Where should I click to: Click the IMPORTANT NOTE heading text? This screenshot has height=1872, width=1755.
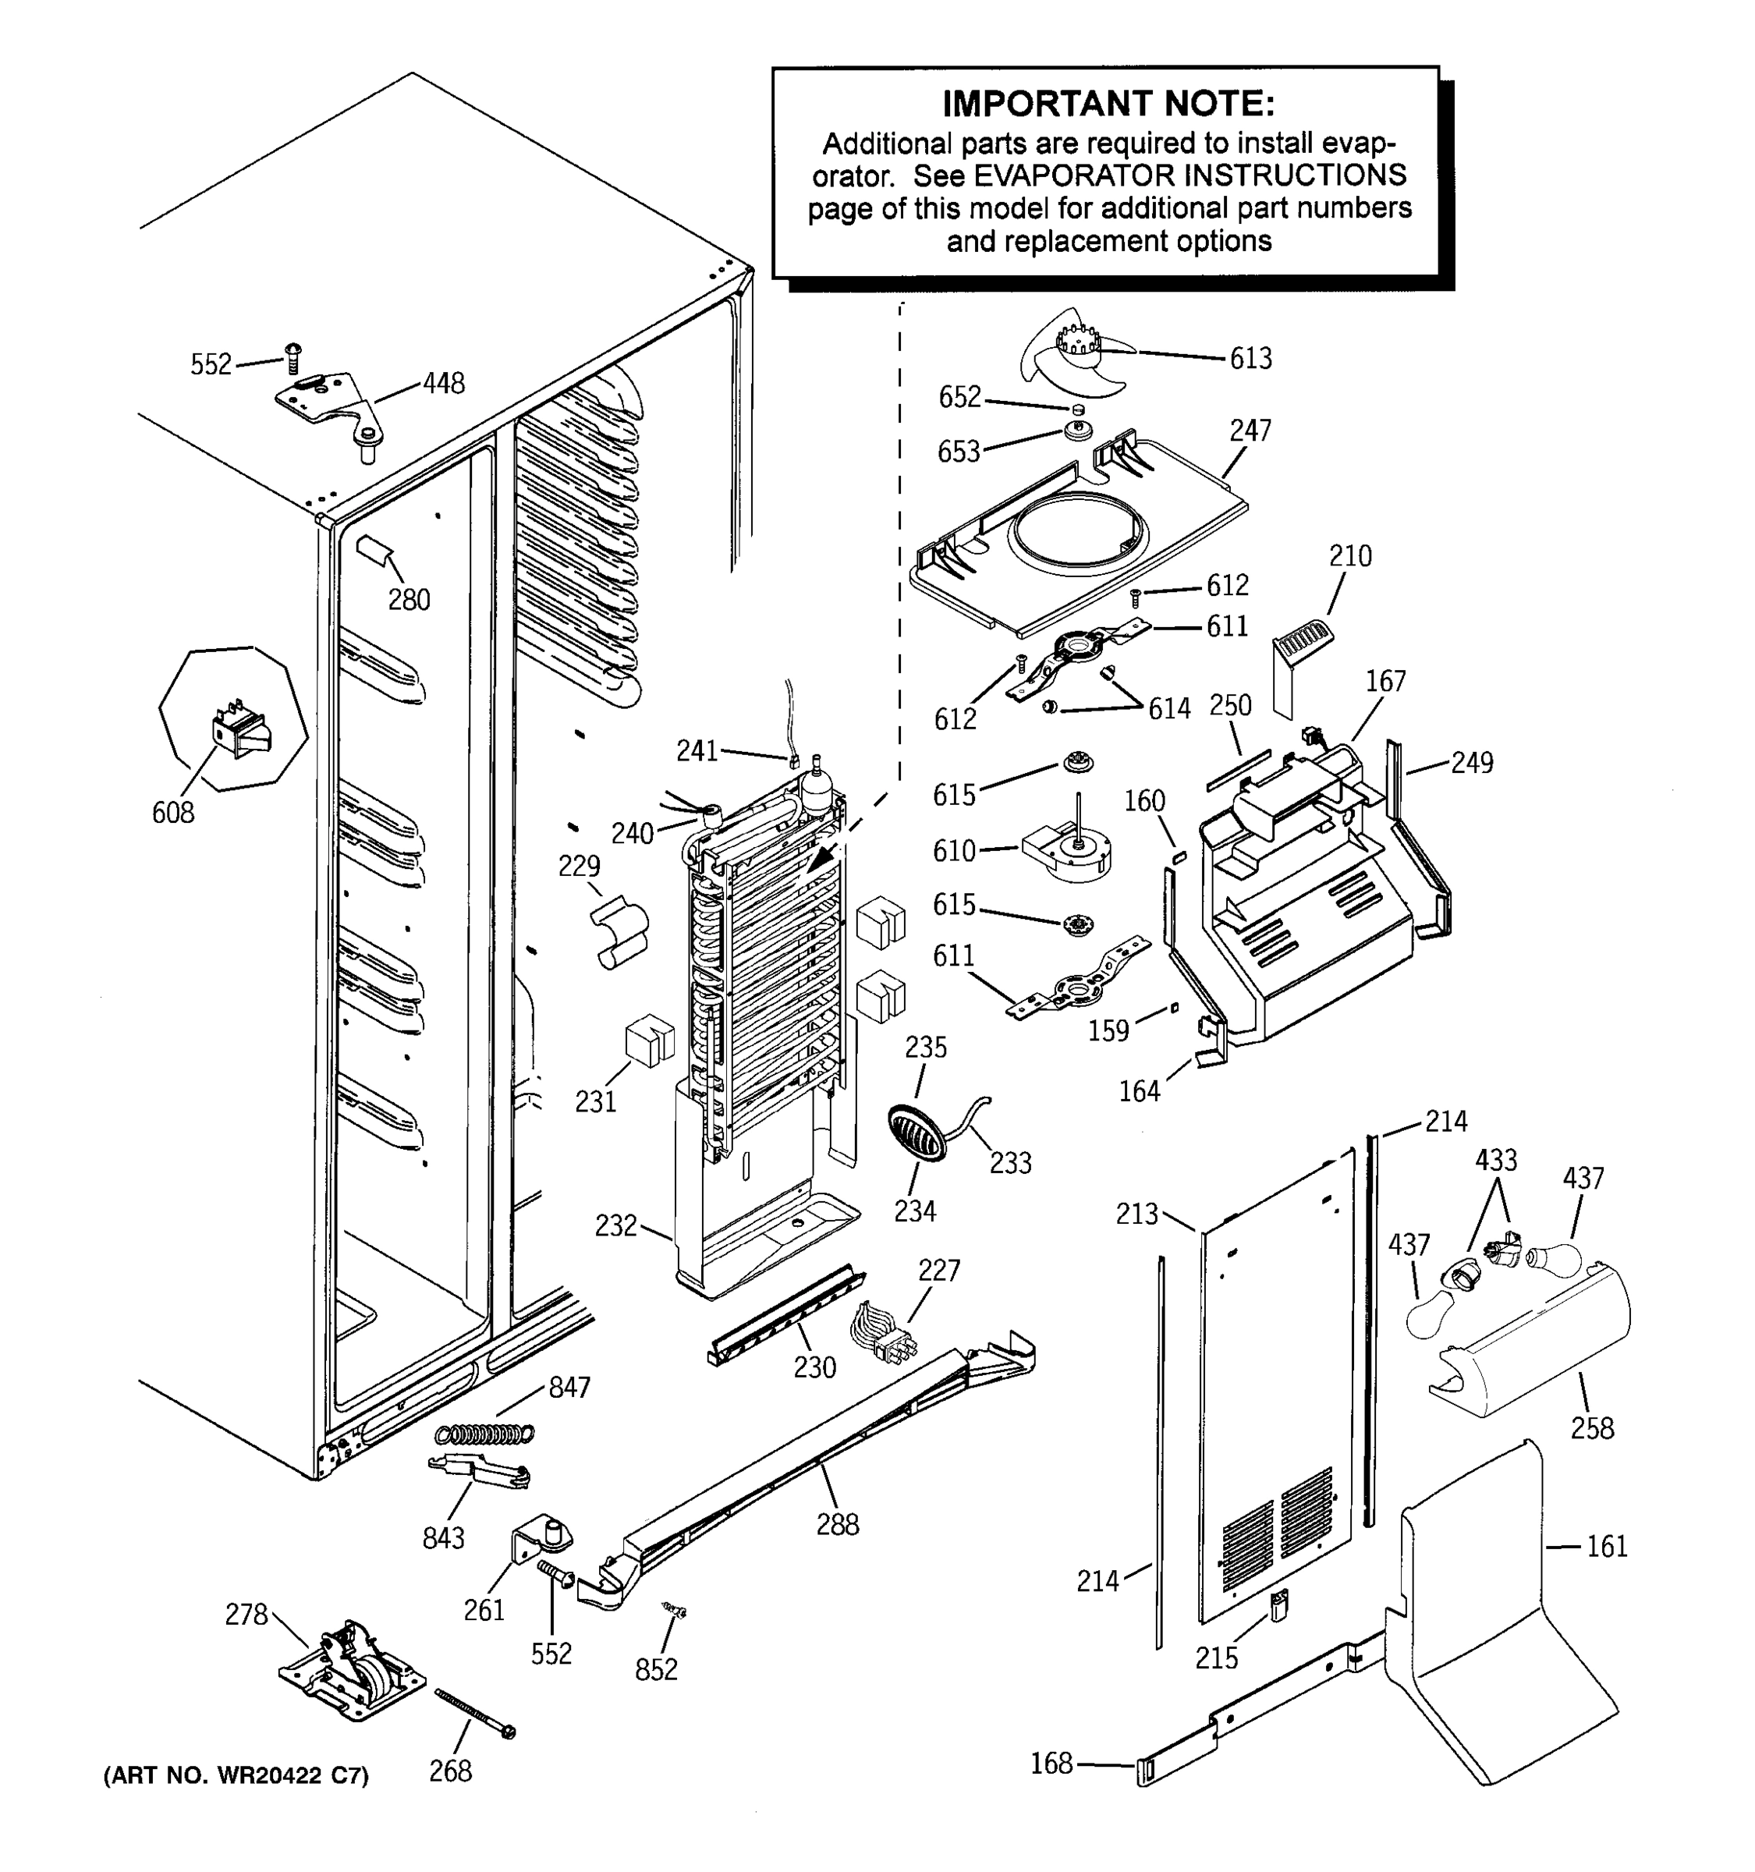click(x=1108, y=104)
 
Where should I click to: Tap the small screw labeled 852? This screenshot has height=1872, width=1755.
click(x=675, y=1611)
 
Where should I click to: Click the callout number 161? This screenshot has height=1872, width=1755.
click(x=1606, y=1546)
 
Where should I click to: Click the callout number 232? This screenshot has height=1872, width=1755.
click(x=615, y=1226)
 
